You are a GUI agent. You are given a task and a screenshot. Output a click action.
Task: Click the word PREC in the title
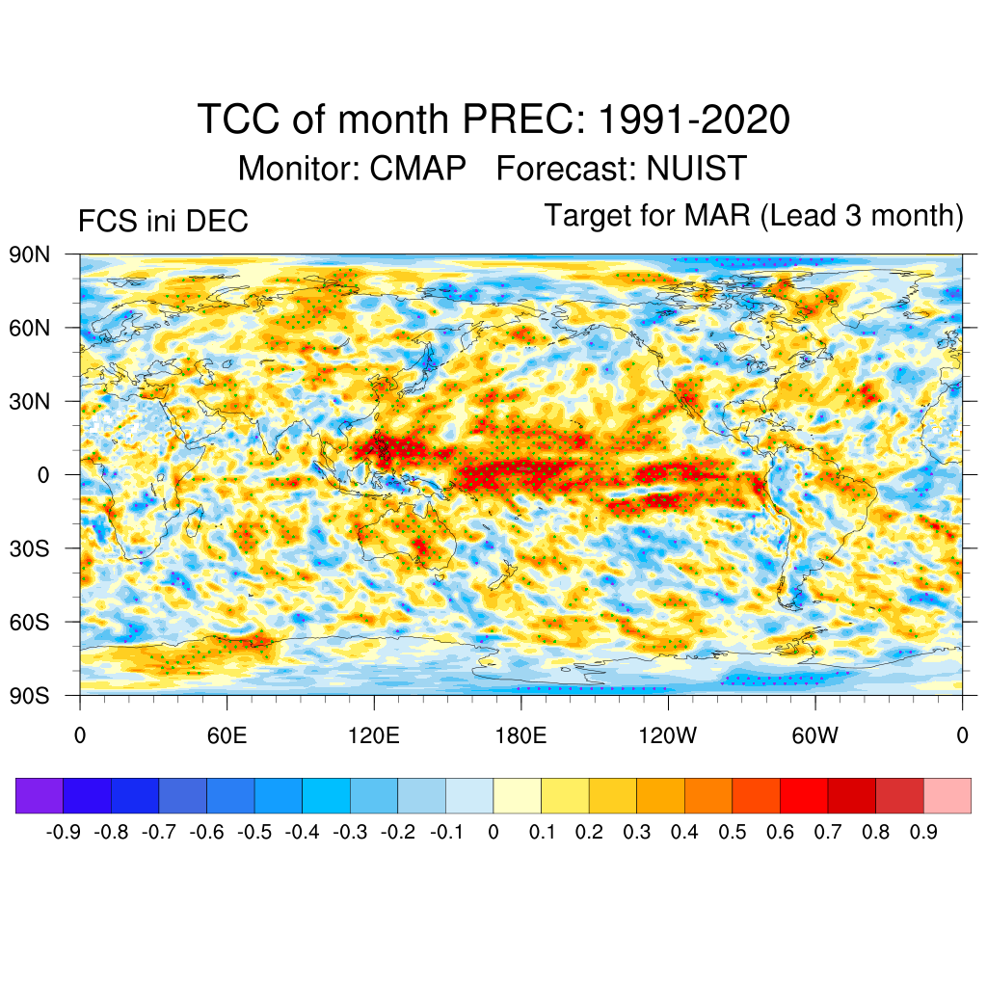[x=521, y=120]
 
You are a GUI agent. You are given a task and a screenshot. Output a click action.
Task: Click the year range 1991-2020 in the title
[x=694, y=120]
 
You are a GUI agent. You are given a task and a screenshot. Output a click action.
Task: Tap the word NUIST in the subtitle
[x=696, y=169]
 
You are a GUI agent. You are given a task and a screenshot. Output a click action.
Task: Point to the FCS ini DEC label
[x=163, y=222]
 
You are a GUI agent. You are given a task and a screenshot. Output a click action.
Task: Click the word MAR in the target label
[x=717, y=216]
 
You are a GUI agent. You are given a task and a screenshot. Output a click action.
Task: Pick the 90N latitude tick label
[x=30, y=254]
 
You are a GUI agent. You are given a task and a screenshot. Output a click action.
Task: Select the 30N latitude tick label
[x=30, y=401]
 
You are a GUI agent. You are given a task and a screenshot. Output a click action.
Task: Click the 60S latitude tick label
[x=30, y=622]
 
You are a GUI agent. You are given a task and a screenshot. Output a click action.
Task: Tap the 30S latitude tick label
[x=30, y=548]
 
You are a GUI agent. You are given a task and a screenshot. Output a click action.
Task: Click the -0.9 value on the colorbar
[x=64, y=832]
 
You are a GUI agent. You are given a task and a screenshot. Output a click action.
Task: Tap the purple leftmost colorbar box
[x=40, y=796]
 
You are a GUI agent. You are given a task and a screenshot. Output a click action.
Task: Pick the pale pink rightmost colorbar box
[x=947, y=796]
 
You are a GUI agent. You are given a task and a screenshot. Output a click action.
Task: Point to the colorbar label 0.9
[x=923, y=832]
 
